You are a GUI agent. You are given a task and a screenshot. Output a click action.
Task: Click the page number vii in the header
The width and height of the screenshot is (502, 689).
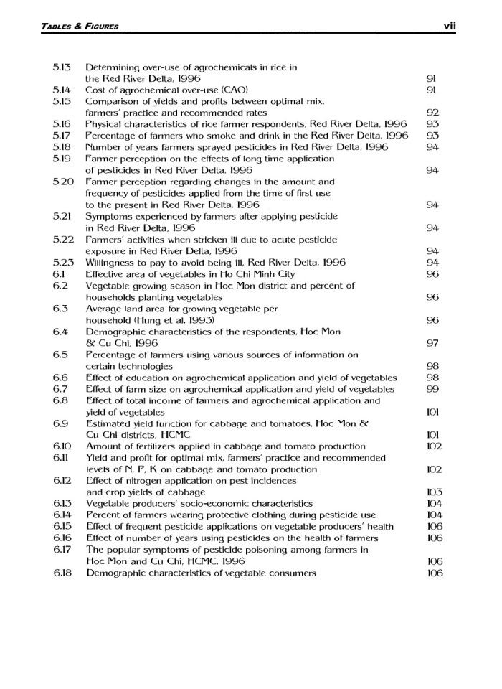pos(450,27)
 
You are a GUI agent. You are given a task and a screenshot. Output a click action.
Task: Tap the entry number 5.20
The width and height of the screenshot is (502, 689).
pos(63,182)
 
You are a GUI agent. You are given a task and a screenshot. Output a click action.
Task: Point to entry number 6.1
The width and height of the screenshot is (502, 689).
pos(60,273)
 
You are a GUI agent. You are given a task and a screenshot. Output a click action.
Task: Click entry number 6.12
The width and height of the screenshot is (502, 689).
pos(63,481)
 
